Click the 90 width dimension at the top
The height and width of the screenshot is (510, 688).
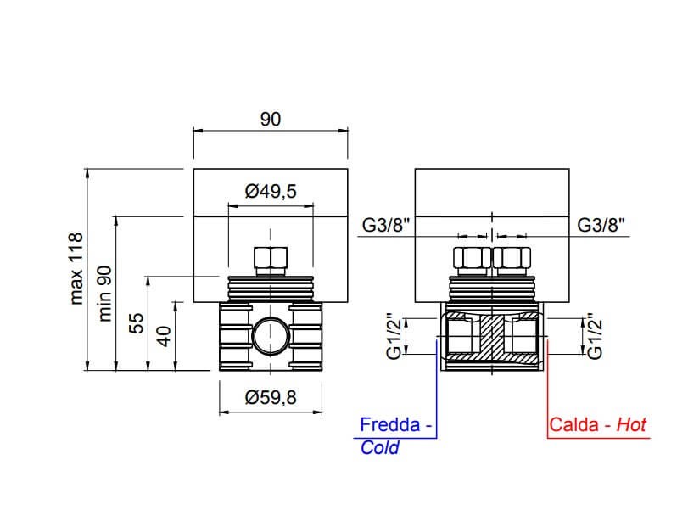271,119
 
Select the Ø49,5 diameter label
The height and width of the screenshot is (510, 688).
271,191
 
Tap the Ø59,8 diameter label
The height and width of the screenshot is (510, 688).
271,398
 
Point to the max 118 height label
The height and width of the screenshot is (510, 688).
76,269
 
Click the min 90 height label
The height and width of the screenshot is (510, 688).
105,294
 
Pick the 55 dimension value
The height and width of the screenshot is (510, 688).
137,323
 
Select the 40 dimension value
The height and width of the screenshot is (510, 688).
164,337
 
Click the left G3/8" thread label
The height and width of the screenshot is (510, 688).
386,225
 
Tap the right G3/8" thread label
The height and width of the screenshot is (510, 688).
601,225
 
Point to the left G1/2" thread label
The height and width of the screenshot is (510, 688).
394,336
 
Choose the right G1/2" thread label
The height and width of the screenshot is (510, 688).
594,336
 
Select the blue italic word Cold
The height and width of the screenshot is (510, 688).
379,448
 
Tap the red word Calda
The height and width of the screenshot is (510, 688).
574,425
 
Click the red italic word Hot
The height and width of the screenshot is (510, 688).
631,425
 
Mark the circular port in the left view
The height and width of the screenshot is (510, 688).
271,336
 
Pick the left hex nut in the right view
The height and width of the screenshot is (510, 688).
473,258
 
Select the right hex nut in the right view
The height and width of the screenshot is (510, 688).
512,258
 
